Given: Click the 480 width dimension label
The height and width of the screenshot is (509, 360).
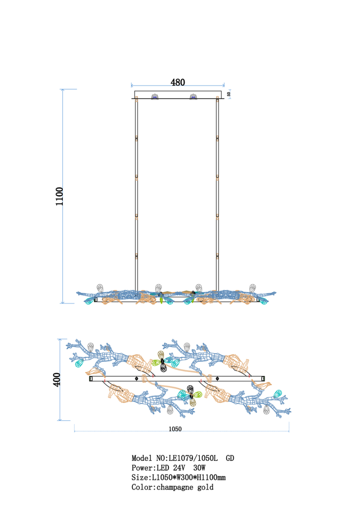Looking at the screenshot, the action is point(178,82).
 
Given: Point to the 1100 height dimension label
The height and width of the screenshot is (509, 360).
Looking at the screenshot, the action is point(59,196).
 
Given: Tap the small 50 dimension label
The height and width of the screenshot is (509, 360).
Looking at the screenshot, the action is point(229,94).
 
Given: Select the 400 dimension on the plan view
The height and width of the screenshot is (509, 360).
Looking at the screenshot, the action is point(56,379).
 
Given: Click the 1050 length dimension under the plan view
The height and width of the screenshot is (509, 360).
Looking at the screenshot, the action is point(175,429).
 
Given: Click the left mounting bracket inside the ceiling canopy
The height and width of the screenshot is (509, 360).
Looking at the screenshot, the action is point(155,97).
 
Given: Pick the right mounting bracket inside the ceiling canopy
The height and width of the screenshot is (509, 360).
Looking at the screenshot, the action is point(194,97).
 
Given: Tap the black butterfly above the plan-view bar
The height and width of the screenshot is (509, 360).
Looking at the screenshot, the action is point(163,362).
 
